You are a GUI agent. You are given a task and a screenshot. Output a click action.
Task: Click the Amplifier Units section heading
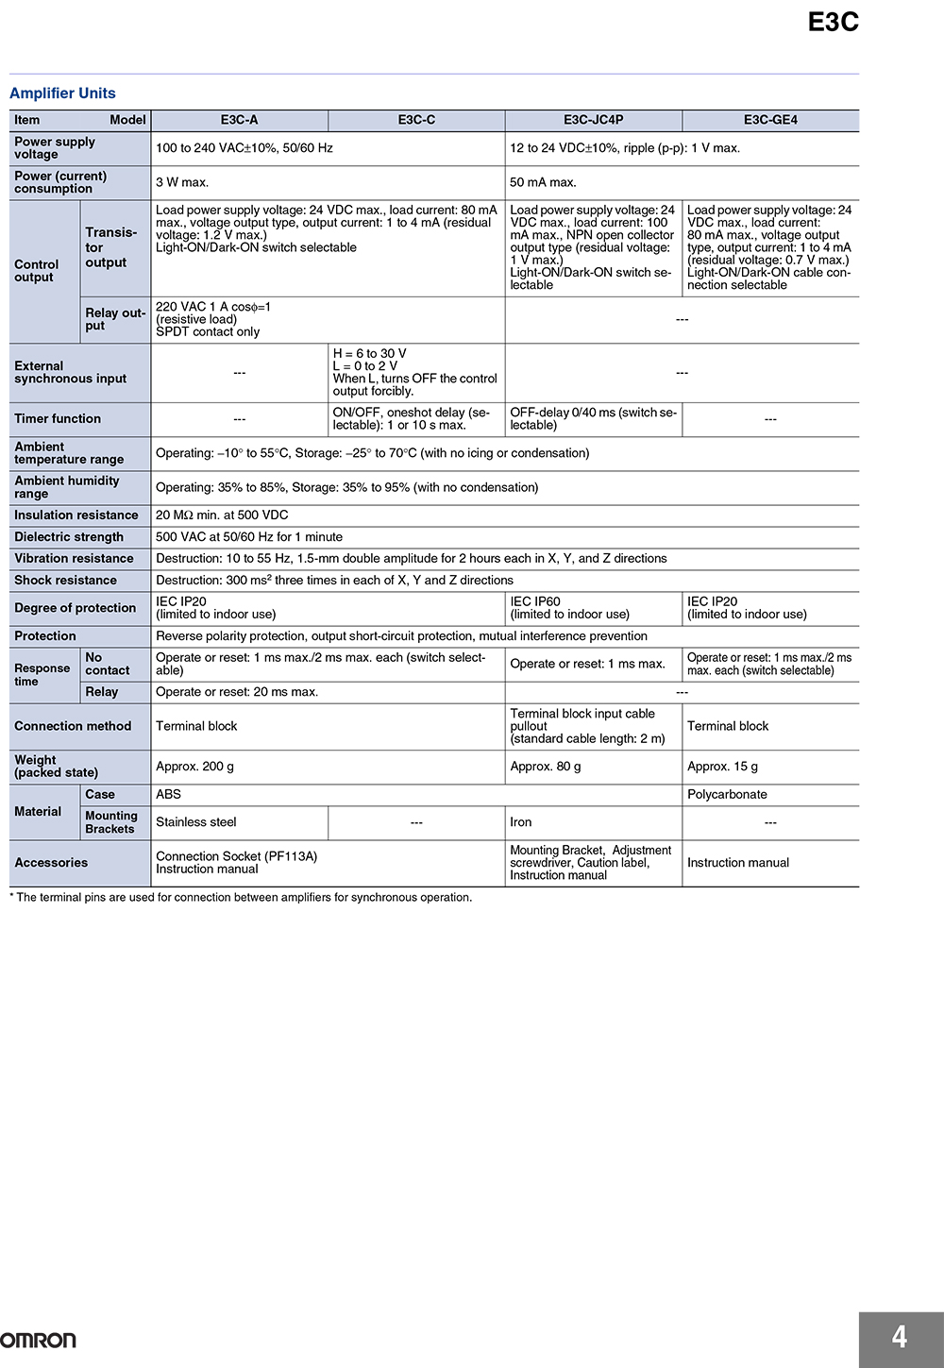pos(62,93)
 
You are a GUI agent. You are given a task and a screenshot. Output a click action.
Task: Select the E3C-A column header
pos(239,120)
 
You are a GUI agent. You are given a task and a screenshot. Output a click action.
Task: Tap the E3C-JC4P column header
pos(593,120)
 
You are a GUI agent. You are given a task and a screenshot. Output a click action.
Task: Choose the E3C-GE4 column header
pos(770,120)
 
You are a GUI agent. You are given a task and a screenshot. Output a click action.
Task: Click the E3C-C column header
pos(416,120)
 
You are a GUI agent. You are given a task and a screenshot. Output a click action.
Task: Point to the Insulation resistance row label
pos(76,515)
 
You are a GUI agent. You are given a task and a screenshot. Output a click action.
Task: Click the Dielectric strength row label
pos(69,537)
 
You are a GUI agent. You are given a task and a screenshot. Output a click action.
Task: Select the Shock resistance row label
pos(66,581)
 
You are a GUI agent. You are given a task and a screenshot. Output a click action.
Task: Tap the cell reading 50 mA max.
pos(543,182)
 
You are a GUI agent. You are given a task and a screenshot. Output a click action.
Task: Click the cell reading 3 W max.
pos(182,182)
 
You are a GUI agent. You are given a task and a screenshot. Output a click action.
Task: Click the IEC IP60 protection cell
pos(535,602)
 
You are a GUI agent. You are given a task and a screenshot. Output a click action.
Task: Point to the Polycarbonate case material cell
pos(727,795)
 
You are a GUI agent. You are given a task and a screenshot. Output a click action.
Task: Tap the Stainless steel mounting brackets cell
pos(196,822)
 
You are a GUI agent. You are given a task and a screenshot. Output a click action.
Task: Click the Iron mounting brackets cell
pos(521,822)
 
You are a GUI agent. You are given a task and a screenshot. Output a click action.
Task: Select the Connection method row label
pos(73,726)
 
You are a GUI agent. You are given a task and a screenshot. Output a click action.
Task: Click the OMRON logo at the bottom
pos(38,1340)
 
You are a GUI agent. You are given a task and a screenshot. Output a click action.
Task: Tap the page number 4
pos(900,1337)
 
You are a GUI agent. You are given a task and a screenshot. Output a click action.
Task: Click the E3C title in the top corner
pos(833,23)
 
